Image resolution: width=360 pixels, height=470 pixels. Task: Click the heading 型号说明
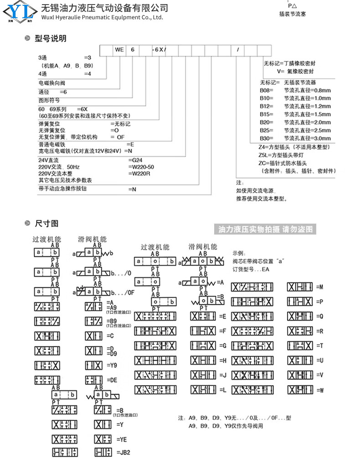(50, 39)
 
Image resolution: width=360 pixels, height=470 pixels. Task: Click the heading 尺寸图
(46, 224)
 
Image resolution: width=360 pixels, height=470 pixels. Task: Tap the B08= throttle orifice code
(266, 90)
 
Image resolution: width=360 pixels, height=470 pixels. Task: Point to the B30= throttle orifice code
(266, 138)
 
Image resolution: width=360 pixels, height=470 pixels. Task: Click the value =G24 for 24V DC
(135, 160)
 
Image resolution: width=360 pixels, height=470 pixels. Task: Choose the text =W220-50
(142, 167)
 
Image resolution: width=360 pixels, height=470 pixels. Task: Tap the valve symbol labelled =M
(300, 287)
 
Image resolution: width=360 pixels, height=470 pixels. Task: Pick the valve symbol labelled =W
(300, 390)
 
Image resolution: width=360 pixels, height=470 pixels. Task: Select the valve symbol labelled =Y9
(94, 365)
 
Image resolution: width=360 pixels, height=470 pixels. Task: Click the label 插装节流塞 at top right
(292, 14)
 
